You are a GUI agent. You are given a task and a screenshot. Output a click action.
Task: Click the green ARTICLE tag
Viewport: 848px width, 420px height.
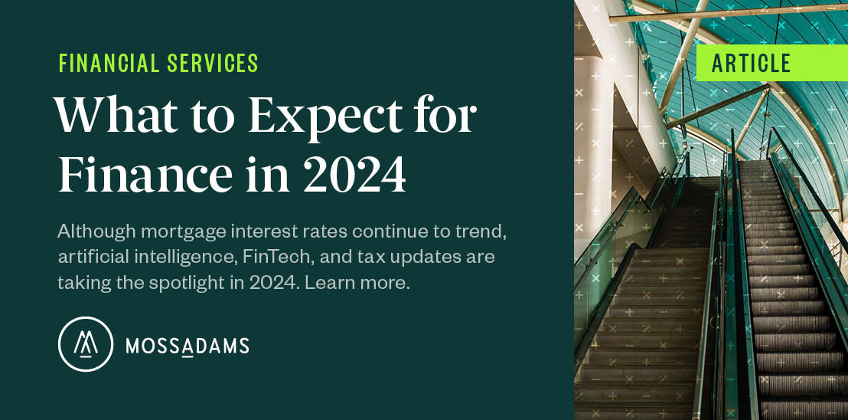click(752, 64)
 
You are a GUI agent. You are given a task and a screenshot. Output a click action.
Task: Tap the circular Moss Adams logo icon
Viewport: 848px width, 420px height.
click(86, 344)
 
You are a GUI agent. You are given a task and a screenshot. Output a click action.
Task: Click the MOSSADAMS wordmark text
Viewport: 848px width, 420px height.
click(188, 346)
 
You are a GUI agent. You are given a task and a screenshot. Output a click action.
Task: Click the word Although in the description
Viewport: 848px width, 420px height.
click(88, 231)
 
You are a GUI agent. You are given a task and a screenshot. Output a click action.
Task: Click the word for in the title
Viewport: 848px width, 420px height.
click(448, 116)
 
